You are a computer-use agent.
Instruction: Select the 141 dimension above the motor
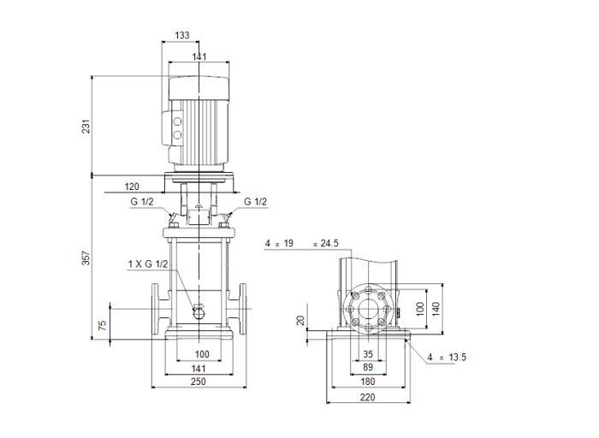click(x=199, y=56)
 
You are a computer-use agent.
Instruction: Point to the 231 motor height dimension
click(x=86, y=126)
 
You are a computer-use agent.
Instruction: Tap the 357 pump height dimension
click(x=86, y=258)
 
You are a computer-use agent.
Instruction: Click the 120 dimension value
click(x=132, y=186)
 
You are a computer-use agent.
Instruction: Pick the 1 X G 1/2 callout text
click(x=148, y=264)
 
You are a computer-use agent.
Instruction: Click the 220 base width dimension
click(x=368, y=398)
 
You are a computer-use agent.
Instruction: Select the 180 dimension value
click(x=368, y=382)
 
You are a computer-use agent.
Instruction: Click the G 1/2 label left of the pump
click(x=144, y=202)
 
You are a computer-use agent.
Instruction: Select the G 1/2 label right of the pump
click(x=255, y=202)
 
